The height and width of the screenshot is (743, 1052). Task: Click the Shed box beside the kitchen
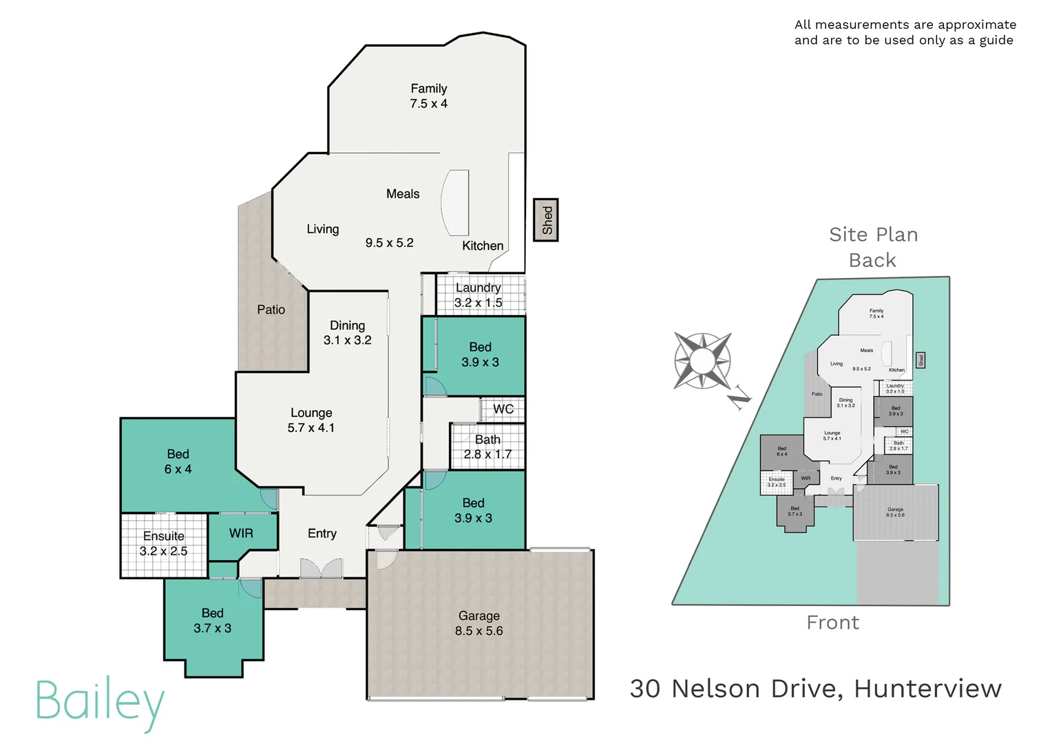pyautogui.click(x=546, y=220)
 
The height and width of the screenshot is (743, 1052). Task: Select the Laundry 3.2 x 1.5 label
pyautogui.click(x=478, y=295)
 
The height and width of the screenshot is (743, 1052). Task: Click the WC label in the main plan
pyautogui.click(x=503, y=409)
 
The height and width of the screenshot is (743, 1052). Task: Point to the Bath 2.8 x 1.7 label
pyautogui.click(x=487, y=447)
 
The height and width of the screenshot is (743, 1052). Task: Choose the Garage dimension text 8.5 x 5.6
pyautogui.click(x=478, y=631)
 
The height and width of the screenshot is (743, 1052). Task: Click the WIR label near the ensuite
pyautogui.click(x=241, y=533)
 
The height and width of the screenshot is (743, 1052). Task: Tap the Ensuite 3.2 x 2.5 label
pyautogui.click(x=163, y=543)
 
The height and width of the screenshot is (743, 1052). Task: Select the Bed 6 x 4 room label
pyautogui.click(x=178, y=462)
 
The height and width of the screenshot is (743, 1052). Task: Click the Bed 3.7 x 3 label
pyautogui.click(x=212, y=621)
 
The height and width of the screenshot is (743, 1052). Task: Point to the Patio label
pyautogui.click(x=271, y=310)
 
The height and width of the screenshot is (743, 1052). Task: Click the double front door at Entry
pyautogui.click(x=321, y=568)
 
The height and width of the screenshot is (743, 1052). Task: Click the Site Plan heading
pyautogui.click(x=873, y=235)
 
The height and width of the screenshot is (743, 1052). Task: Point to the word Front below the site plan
pyautogui.click(x=832, y=623)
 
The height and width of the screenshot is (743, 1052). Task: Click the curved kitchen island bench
pyautogui.click(x=455, y=203)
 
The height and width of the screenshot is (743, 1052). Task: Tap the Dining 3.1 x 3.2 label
pyautogui.click(x=347, y=332)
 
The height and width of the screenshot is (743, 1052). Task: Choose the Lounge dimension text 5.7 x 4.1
pyautogui.click(x=311, y=428)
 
